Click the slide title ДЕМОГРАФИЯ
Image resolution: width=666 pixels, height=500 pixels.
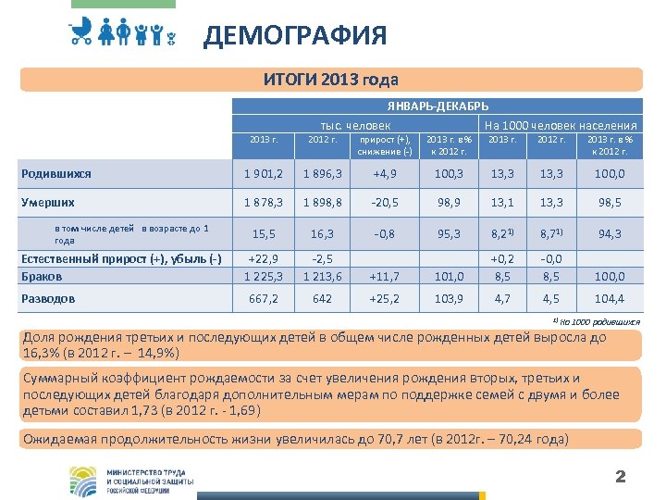tap(295, 36)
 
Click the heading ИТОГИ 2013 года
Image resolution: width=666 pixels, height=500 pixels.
tap(331, 79)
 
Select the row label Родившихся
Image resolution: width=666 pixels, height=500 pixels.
tap(56, 173)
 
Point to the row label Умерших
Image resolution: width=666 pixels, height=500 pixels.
tap(48, 202)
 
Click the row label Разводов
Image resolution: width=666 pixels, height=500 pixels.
tap(49, 298)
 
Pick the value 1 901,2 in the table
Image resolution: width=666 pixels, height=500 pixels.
tap(265, 174)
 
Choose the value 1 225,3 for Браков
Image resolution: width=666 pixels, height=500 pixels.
tap(265, 276)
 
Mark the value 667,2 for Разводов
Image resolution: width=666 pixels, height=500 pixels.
tap(265, 299)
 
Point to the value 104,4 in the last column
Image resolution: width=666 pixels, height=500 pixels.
tap(609, 299)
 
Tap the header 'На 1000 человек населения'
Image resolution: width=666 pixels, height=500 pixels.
tap(561, 125)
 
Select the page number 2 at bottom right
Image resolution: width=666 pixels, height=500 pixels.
tap(621, 477)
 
